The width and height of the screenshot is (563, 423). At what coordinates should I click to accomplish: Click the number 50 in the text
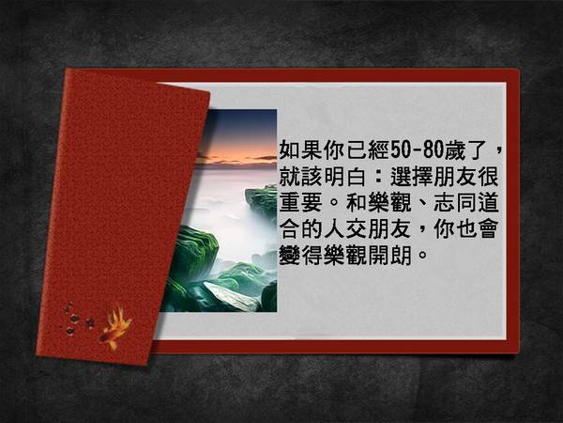tap(400, 149)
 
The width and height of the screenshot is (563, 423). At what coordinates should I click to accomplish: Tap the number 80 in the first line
tap(433, 149)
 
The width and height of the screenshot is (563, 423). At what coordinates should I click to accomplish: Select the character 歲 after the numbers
tap(454, 149)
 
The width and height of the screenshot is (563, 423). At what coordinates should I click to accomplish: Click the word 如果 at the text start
tap(300, 149)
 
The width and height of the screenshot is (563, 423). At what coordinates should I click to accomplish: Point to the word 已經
tap(367, 149)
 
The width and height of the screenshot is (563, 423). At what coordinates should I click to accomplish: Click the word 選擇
tap(411, 177)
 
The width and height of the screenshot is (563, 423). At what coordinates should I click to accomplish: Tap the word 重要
tap(300, 202)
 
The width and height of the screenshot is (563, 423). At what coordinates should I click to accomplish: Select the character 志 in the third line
tap(444, 202)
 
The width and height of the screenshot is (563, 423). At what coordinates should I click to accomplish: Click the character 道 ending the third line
tap(488, 202)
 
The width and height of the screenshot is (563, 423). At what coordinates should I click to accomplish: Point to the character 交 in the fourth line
tap(356, 229)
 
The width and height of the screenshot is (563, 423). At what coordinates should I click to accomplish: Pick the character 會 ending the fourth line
tap(488, 229)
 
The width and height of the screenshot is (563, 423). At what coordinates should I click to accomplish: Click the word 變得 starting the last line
tap(300, 256)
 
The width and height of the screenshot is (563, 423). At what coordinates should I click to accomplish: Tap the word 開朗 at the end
tap(389, 256)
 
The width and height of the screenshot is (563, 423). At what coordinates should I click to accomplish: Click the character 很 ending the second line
tap(488, 177)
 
